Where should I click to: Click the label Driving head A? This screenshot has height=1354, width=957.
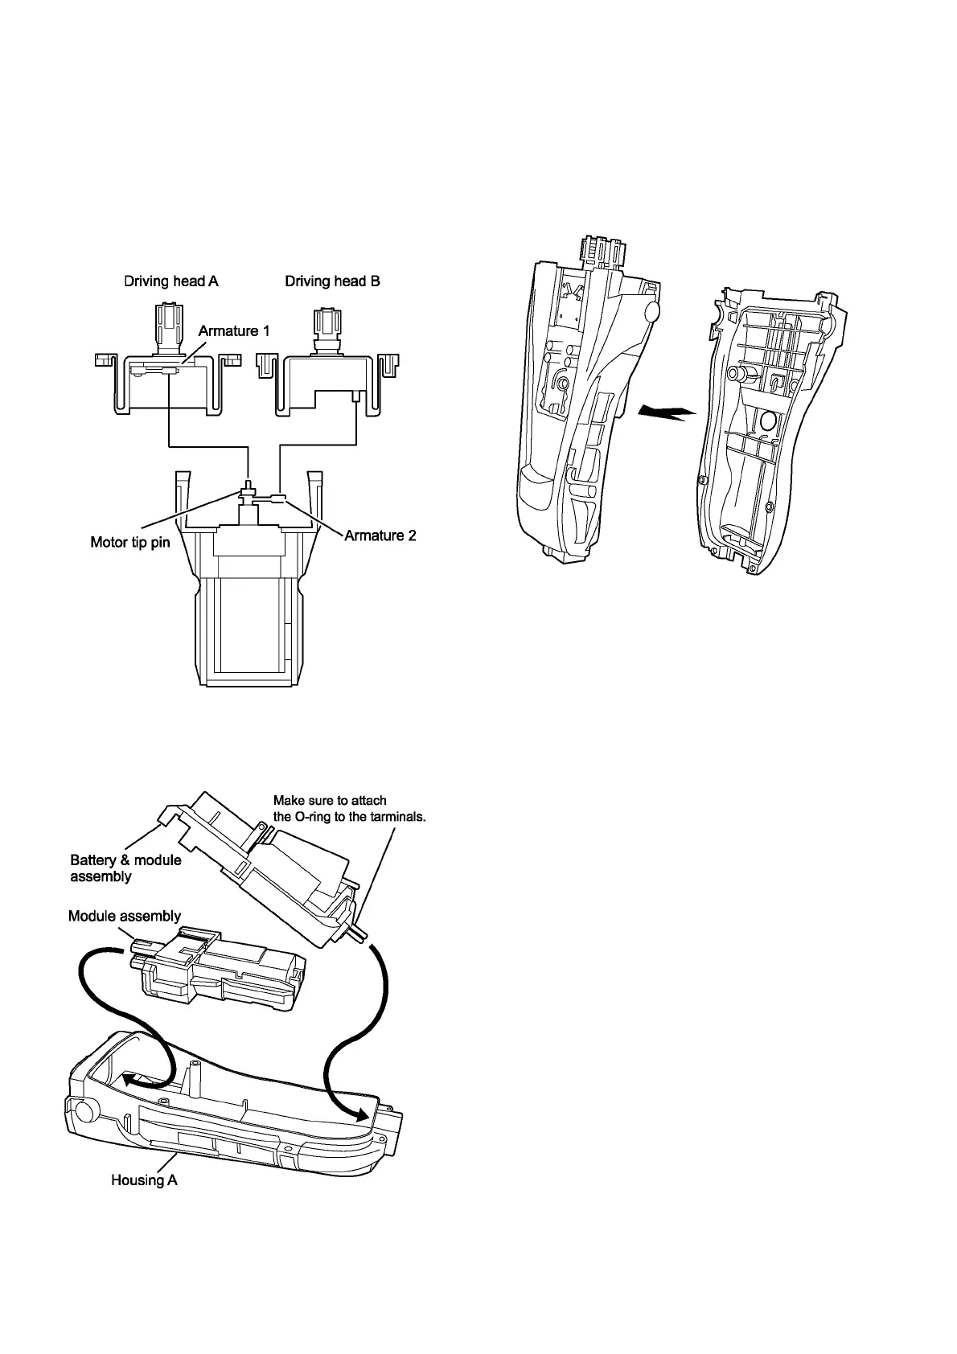point(170,281)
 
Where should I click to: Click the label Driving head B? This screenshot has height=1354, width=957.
point(332,281)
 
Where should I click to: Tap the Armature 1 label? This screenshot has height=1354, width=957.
point(234,331)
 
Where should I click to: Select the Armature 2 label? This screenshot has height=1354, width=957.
point(380,535)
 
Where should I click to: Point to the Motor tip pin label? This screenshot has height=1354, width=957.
point(130,542)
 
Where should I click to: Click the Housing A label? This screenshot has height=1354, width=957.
point(144,1180)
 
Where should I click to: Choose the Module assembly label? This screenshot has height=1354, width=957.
point(125,916)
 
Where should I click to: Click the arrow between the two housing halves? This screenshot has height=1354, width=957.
point(665,412)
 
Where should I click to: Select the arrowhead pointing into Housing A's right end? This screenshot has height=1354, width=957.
point(363,1114)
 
